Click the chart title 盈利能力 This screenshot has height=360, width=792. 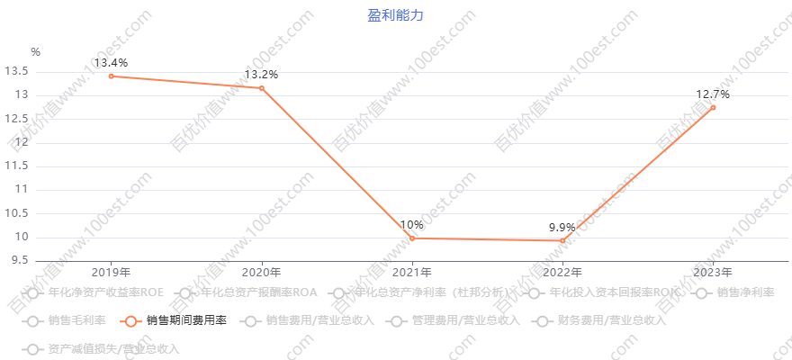pos(395,15)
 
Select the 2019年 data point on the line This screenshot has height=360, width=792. pos(111,76)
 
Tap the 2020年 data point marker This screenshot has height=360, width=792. pos(261,87)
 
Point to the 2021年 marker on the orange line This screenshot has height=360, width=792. pos(412,238)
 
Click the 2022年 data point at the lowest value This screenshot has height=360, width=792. pos(562,241)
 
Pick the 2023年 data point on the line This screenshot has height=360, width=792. pos(713,108)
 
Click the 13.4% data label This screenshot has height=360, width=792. pos(111,63)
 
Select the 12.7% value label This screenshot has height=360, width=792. pos(713,94)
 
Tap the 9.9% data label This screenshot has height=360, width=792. pos(562,227)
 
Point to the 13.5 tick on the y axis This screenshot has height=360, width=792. pos(17,71)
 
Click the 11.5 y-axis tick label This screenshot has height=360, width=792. pos(17,166)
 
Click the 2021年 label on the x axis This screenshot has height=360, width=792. pos(412,272)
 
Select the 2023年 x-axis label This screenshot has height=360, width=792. pos(713,272)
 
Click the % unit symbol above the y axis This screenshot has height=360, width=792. pos(35,52)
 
